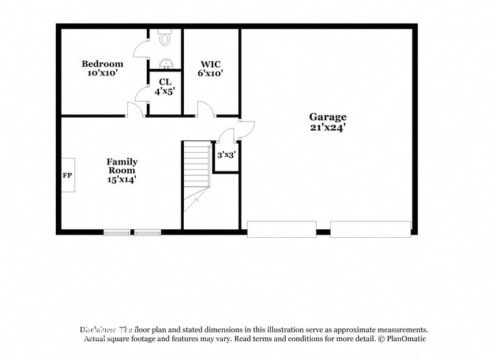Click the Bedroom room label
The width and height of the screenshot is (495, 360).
pyautogui.click(x=102, y=64)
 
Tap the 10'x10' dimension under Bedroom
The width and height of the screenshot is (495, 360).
pyautogui.click(x=102, y=73)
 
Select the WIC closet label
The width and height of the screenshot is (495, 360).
pyautogui.click(x=210, y=64)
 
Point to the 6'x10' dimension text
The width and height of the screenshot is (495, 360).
pyautogui.click(x=210, y=73)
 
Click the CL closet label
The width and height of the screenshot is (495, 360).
pyautogui.click(x=165, y=82)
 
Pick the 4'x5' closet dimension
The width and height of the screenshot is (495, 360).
pyautogui.click(x=165, y=92)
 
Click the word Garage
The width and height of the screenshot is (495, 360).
pyautogui.click(x=327, y=117)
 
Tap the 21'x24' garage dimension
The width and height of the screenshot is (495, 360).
pyautogui.click(x=327, y=127)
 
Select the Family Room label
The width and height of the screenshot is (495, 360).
pyautogui.click(x=122, y=166)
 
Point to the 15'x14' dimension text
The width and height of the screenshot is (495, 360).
pyautogui.click(x=122, y=180)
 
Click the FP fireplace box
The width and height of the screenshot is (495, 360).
pyautogui.click(x=68, y=175)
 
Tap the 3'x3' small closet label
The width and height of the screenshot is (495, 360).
pyautogui.click(x=225, y=155)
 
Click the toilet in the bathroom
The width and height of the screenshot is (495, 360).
pyautogui.click(x=165, y=39)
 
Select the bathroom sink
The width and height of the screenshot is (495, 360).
pyautogui.click(x=166, y=64)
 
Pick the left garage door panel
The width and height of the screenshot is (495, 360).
pyautogui.click(x=281, y=229)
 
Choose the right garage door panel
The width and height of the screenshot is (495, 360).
pyautogui.click(x=370, y=229)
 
